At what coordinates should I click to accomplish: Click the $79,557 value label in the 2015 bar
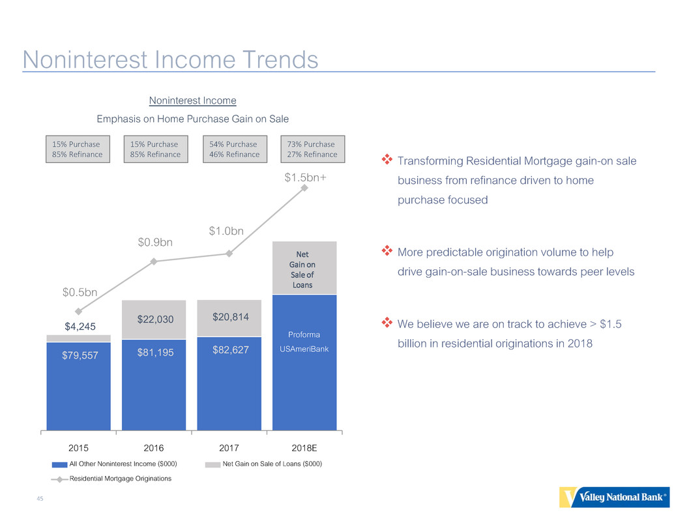click(80, 355)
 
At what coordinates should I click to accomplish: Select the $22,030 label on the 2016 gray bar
click(155, 320)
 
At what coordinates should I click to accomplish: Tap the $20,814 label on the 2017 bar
click(230, 318)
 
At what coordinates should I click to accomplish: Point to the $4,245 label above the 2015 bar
click(80, 327)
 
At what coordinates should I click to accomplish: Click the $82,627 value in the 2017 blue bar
click(230, 350)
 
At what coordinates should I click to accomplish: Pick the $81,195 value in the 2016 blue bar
click(155, 353)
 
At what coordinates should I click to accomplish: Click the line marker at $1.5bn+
click(304, 188)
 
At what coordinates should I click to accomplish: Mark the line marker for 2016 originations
click(154, 261)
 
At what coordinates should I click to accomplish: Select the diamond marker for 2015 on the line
click(78, 311)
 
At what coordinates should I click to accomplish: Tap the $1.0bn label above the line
click(226, 231)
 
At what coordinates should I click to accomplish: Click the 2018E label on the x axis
click(304, 448)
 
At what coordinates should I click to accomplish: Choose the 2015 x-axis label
click(78, 448)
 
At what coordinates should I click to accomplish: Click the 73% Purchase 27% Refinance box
click(312, 149)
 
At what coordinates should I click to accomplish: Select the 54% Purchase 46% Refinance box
click(235, 149)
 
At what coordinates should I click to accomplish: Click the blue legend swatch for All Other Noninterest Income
click(59, 464)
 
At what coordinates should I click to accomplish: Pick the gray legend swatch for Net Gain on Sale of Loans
click(212, 464)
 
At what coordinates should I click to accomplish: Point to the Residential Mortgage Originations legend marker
click(59, 479)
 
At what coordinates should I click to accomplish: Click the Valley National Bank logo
click(614, 497)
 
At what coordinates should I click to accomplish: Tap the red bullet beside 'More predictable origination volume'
click(387, 250)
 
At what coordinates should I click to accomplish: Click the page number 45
click(40, 499)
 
